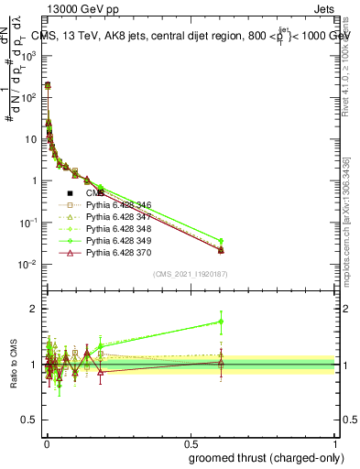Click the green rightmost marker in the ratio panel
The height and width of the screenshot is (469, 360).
(x=221, y=322)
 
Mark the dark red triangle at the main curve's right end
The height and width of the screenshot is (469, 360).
(x=221, y=250)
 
